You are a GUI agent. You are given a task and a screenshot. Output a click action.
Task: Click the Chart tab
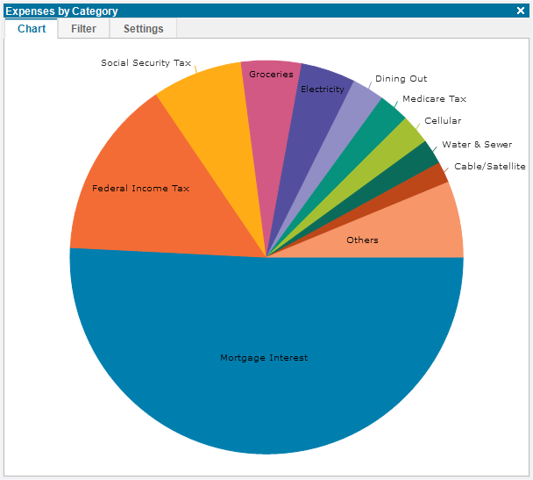[32, 29]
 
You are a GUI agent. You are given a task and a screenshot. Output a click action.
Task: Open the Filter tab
[83, 29]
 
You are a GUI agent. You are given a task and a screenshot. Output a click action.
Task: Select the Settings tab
[143, 29]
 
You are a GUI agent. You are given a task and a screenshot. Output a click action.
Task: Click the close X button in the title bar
[521, 11]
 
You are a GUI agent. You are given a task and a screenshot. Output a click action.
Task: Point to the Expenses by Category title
[61, 11]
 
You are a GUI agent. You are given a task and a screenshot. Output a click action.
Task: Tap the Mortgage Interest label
[264, 358]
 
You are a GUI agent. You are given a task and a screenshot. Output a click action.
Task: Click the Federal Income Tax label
[140, 188]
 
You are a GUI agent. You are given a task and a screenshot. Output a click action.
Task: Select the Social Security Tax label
[146, 63]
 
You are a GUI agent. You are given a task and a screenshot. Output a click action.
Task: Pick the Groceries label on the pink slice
[271, 75]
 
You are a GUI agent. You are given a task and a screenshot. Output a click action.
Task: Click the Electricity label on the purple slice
[323, 90]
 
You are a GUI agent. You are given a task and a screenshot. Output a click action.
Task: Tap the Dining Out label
[401, 79]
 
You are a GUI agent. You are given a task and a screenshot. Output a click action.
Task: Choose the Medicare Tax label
[434, 98]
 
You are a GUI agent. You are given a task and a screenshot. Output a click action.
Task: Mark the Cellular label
[443, 121]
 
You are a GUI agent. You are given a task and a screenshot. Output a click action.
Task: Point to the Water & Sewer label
[477, 144]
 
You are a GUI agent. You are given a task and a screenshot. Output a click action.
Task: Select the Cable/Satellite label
[490, 167]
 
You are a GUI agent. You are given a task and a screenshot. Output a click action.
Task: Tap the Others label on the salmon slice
[362, 240]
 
